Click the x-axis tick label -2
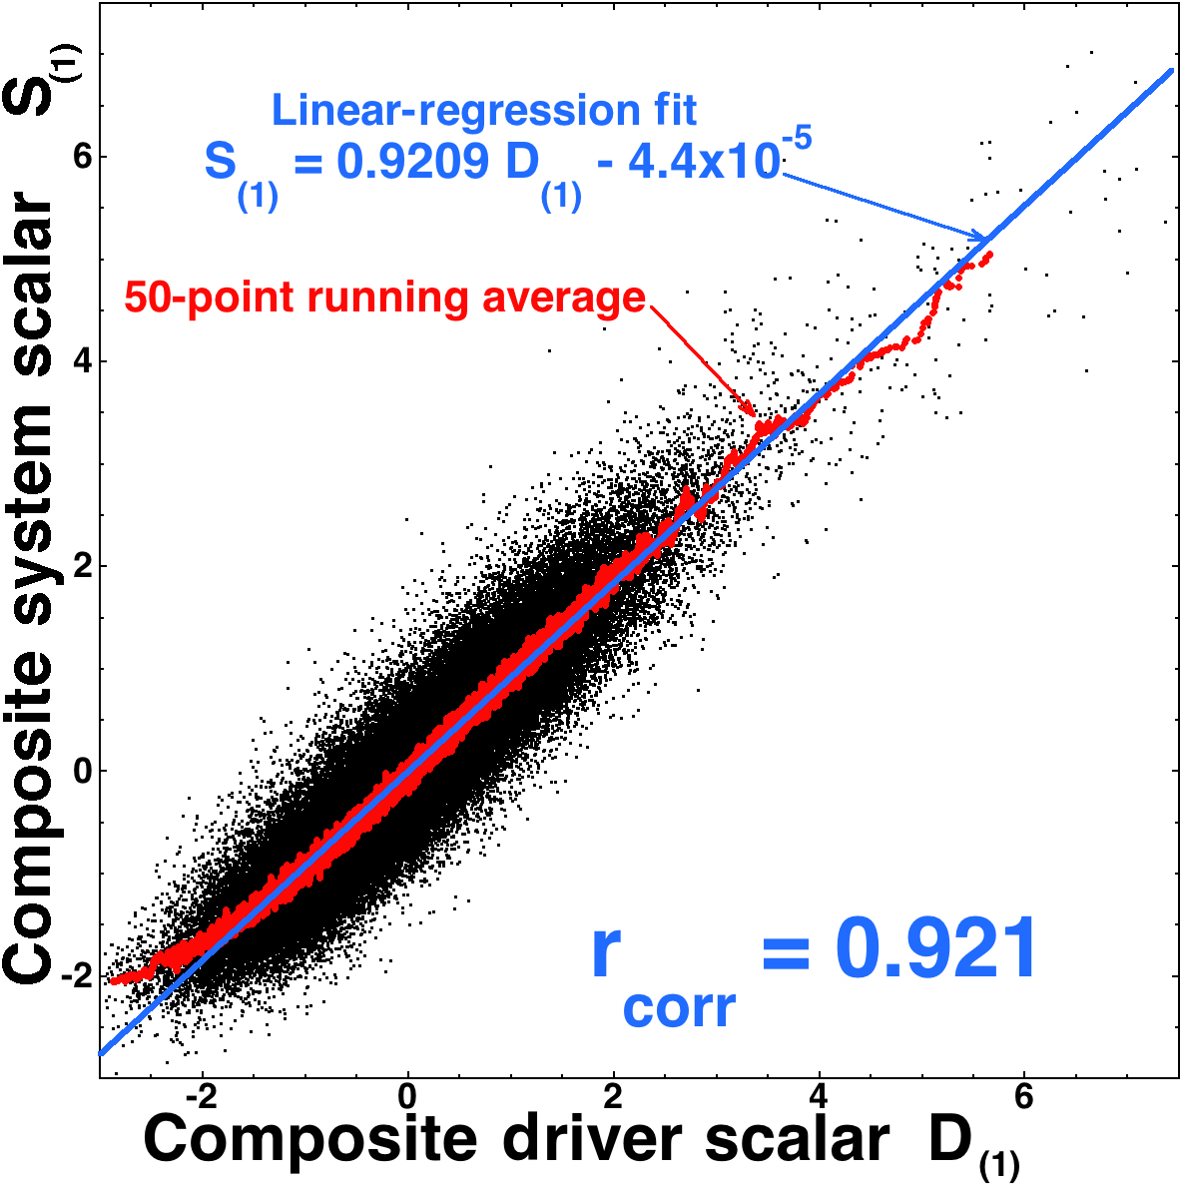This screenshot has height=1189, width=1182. coord(203,1094)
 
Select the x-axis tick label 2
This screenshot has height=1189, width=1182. coord(613,1094)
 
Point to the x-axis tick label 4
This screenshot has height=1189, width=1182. coord(820,1094)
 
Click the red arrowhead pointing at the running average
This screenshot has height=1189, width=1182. coord(751,409)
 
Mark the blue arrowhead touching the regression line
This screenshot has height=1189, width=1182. coord(980,236)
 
